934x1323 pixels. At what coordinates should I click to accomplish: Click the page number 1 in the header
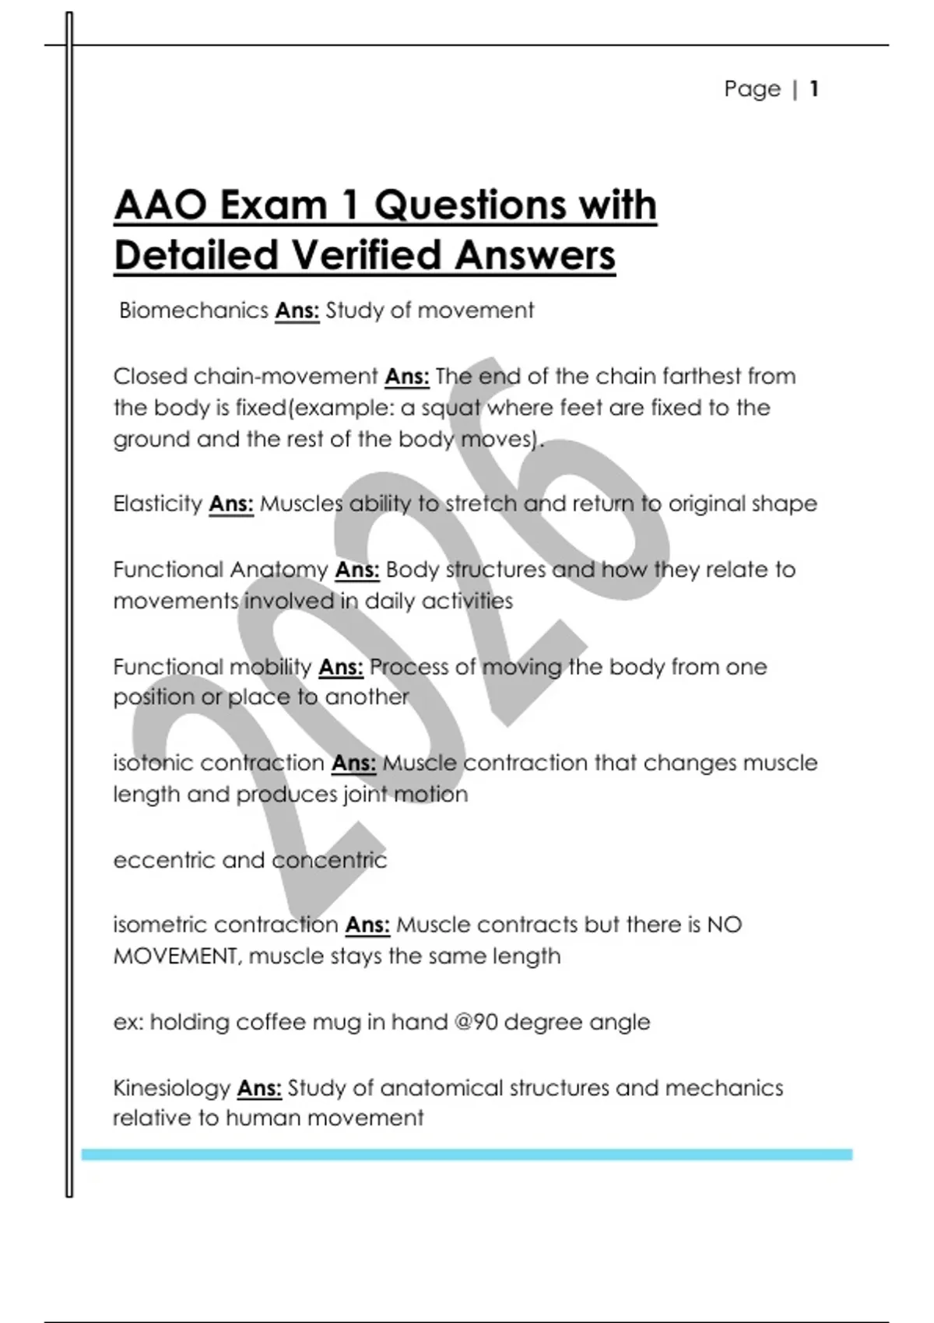(x=813, y=89)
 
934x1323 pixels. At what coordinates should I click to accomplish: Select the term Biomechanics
(x=193, y=311)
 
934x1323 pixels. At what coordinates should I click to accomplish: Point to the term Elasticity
(x=157, y=504)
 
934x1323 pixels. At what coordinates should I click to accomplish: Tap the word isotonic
(x=153, y=763)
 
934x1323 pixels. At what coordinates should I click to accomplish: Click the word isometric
(x=160, y=925)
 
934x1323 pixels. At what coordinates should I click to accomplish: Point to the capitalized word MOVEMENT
(x=175, y=956)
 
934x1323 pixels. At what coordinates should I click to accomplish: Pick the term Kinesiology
(x=171, y=1087)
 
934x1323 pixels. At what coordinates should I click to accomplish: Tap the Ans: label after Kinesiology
(x=259, y=1087)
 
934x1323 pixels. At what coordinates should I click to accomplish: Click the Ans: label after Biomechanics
(x=297, y=311)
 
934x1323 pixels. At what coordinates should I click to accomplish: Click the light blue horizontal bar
(x=467, y=1154)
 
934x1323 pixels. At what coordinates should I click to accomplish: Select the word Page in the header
(x=752, y=89)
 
